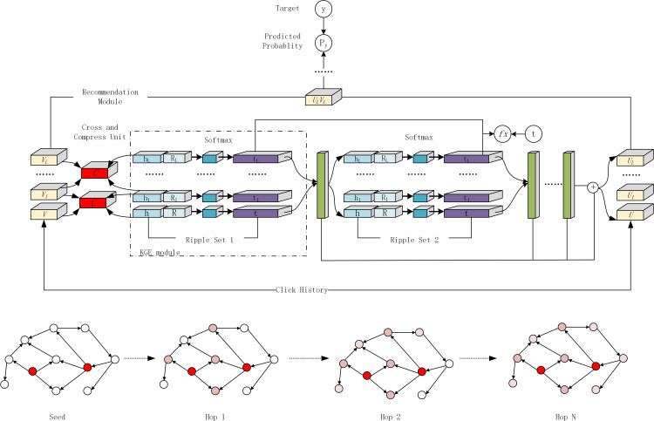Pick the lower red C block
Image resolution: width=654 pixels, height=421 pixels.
92,202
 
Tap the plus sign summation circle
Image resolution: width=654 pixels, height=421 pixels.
594,187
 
